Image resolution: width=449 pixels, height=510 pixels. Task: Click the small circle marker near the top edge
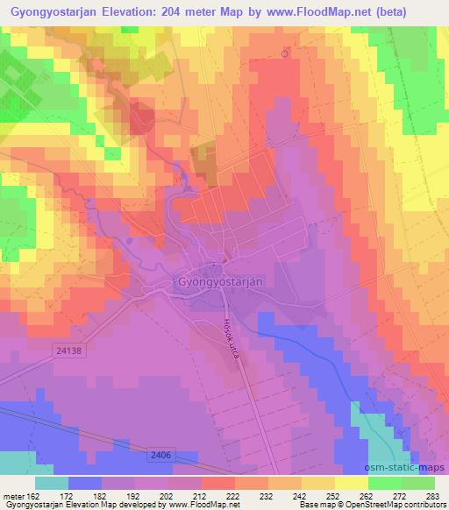tap(285, 53)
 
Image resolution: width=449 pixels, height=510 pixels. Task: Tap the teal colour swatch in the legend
tap(52, 483)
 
